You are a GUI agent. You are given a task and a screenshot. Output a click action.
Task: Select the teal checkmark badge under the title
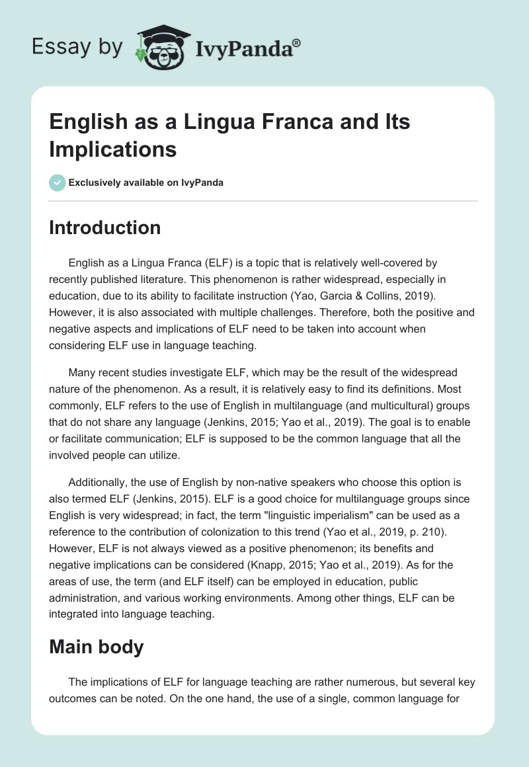58,182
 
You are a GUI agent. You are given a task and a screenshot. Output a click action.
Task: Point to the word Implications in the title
112,149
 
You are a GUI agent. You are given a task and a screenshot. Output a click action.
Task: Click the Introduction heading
104,227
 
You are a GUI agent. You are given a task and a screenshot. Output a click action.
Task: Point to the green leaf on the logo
141,55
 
